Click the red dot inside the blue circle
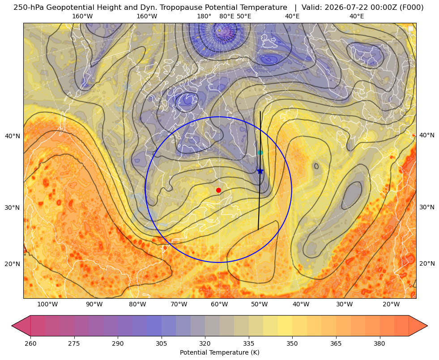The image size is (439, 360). click(219, 190)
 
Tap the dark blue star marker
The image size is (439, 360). click(260, 171)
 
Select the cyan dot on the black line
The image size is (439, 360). click(260, 153)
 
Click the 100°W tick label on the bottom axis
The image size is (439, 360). click(47, 304)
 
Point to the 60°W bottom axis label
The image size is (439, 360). click(219, 304)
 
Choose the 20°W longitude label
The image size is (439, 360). click(391, 304)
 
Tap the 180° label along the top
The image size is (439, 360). click(204, 16)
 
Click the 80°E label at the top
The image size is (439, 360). click(227, 16)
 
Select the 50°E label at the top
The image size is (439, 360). click(244, 16)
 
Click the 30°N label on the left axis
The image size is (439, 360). click(13, 208)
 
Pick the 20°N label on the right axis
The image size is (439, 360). click(427, 263)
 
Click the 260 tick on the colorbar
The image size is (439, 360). click(30, 343)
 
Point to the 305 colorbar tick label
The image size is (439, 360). click(162, 343)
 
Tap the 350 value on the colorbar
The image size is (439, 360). click(292, 343)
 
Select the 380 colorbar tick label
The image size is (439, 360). click(379, 343)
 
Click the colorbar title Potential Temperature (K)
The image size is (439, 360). click(219, 352)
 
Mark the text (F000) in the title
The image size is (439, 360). click(413, 8)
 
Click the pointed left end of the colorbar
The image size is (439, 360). click(12, 326)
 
